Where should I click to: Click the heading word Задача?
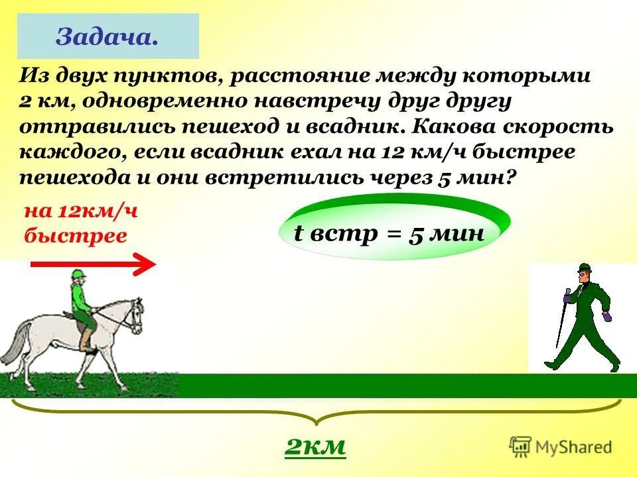(107, 36)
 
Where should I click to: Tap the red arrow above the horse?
(93, 265)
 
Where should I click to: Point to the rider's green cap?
(78, 274)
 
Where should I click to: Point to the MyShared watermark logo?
(561, 446)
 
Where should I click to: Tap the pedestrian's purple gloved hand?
(606, 316)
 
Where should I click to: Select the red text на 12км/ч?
(80, 212)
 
